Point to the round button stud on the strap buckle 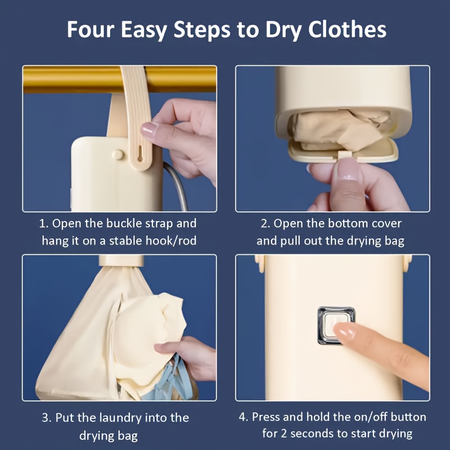pyautogui.click(x=118, y=154)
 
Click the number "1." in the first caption pyautogui.click(x=44, y=223)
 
